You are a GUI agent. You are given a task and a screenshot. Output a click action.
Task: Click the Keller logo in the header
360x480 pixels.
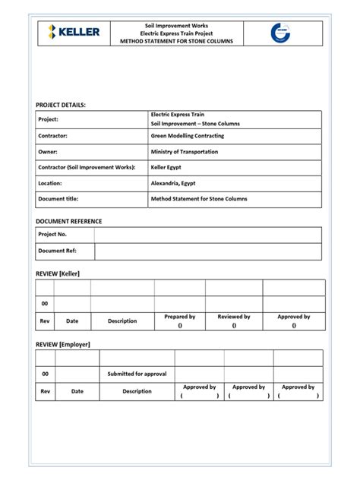point(74,32)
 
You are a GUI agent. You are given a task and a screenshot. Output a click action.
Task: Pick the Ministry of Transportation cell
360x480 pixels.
point(185,152)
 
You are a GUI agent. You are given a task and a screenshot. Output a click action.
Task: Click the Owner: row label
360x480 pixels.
point(49,152)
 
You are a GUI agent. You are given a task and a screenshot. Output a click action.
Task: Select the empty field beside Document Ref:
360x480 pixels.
point(207,251)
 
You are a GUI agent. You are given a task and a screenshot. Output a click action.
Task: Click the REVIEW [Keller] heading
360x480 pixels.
point(58,273)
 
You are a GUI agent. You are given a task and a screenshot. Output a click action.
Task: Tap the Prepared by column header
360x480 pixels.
point(180,317)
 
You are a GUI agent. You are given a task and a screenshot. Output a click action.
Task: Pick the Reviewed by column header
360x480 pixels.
point(234,317)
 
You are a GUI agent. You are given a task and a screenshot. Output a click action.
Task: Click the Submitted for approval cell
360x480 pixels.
point(137,374)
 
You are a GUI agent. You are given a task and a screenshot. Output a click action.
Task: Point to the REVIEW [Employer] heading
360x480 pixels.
point(63,344)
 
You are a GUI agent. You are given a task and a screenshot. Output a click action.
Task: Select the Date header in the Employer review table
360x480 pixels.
point(77,391)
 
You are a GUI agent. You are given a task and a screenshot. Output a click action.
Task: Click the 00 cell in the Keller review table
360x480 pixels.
point(45,303)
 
